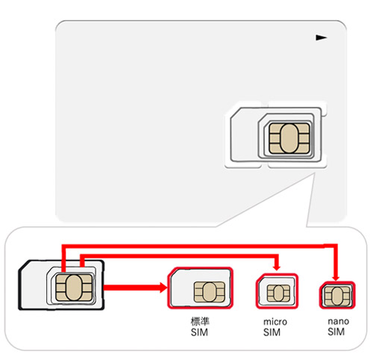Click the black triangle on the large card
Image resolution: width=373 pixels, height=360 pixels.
[x=321, y=38]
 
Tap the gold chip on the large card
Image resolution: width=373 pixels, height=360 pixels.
[x=289, y=138]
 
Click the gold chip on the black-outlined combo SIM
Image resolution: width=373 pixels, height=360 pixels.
[x=74, y=288]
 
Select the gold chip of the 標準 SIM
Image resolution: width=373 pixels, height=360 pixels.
[x=210, y=292]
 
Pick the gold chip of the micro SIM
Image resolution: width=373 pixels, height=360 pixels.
[x=278, y=294]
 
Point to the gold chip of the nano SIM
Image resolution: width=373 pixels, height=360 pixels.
[x=337, y=296]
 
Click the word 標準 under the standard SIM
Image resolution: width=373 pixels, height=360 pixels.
[x=200, y=321]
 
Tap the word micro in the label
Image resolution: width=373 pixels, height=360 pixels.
[x=275, y=322]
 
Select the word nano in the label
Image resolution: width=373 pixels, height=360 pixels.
[x=339, y=321]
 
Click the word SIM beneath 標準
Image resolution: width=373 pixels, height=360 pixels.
[x=199, y=332]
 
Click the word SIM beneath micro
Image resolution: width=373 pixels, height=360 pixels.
[x=272, y=332]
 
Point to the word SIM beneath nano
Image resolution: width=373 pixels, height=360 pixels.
[x=336, y=332]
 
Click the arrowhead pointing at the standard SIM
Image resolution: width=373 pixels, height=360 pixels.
[x=163, y=288]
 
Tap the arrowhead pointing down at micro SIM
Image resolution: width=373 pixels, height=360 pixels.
[x=277, y=268]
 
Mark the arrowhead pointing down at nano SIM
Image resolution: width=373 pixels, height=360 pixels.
[x=336, y=278]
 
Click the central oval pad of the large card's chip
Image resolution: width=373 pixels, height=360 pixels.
[x=289, y=138]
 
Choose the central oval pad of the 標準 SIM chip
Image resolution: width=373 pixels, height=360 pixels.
[x=210, y=292]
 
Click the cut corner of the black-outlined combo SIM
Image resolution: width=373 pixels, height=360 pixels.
[x=24, y=266]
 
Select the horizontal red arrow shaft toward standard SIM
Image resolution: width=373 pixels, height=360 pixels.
[x=131, y=288]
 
